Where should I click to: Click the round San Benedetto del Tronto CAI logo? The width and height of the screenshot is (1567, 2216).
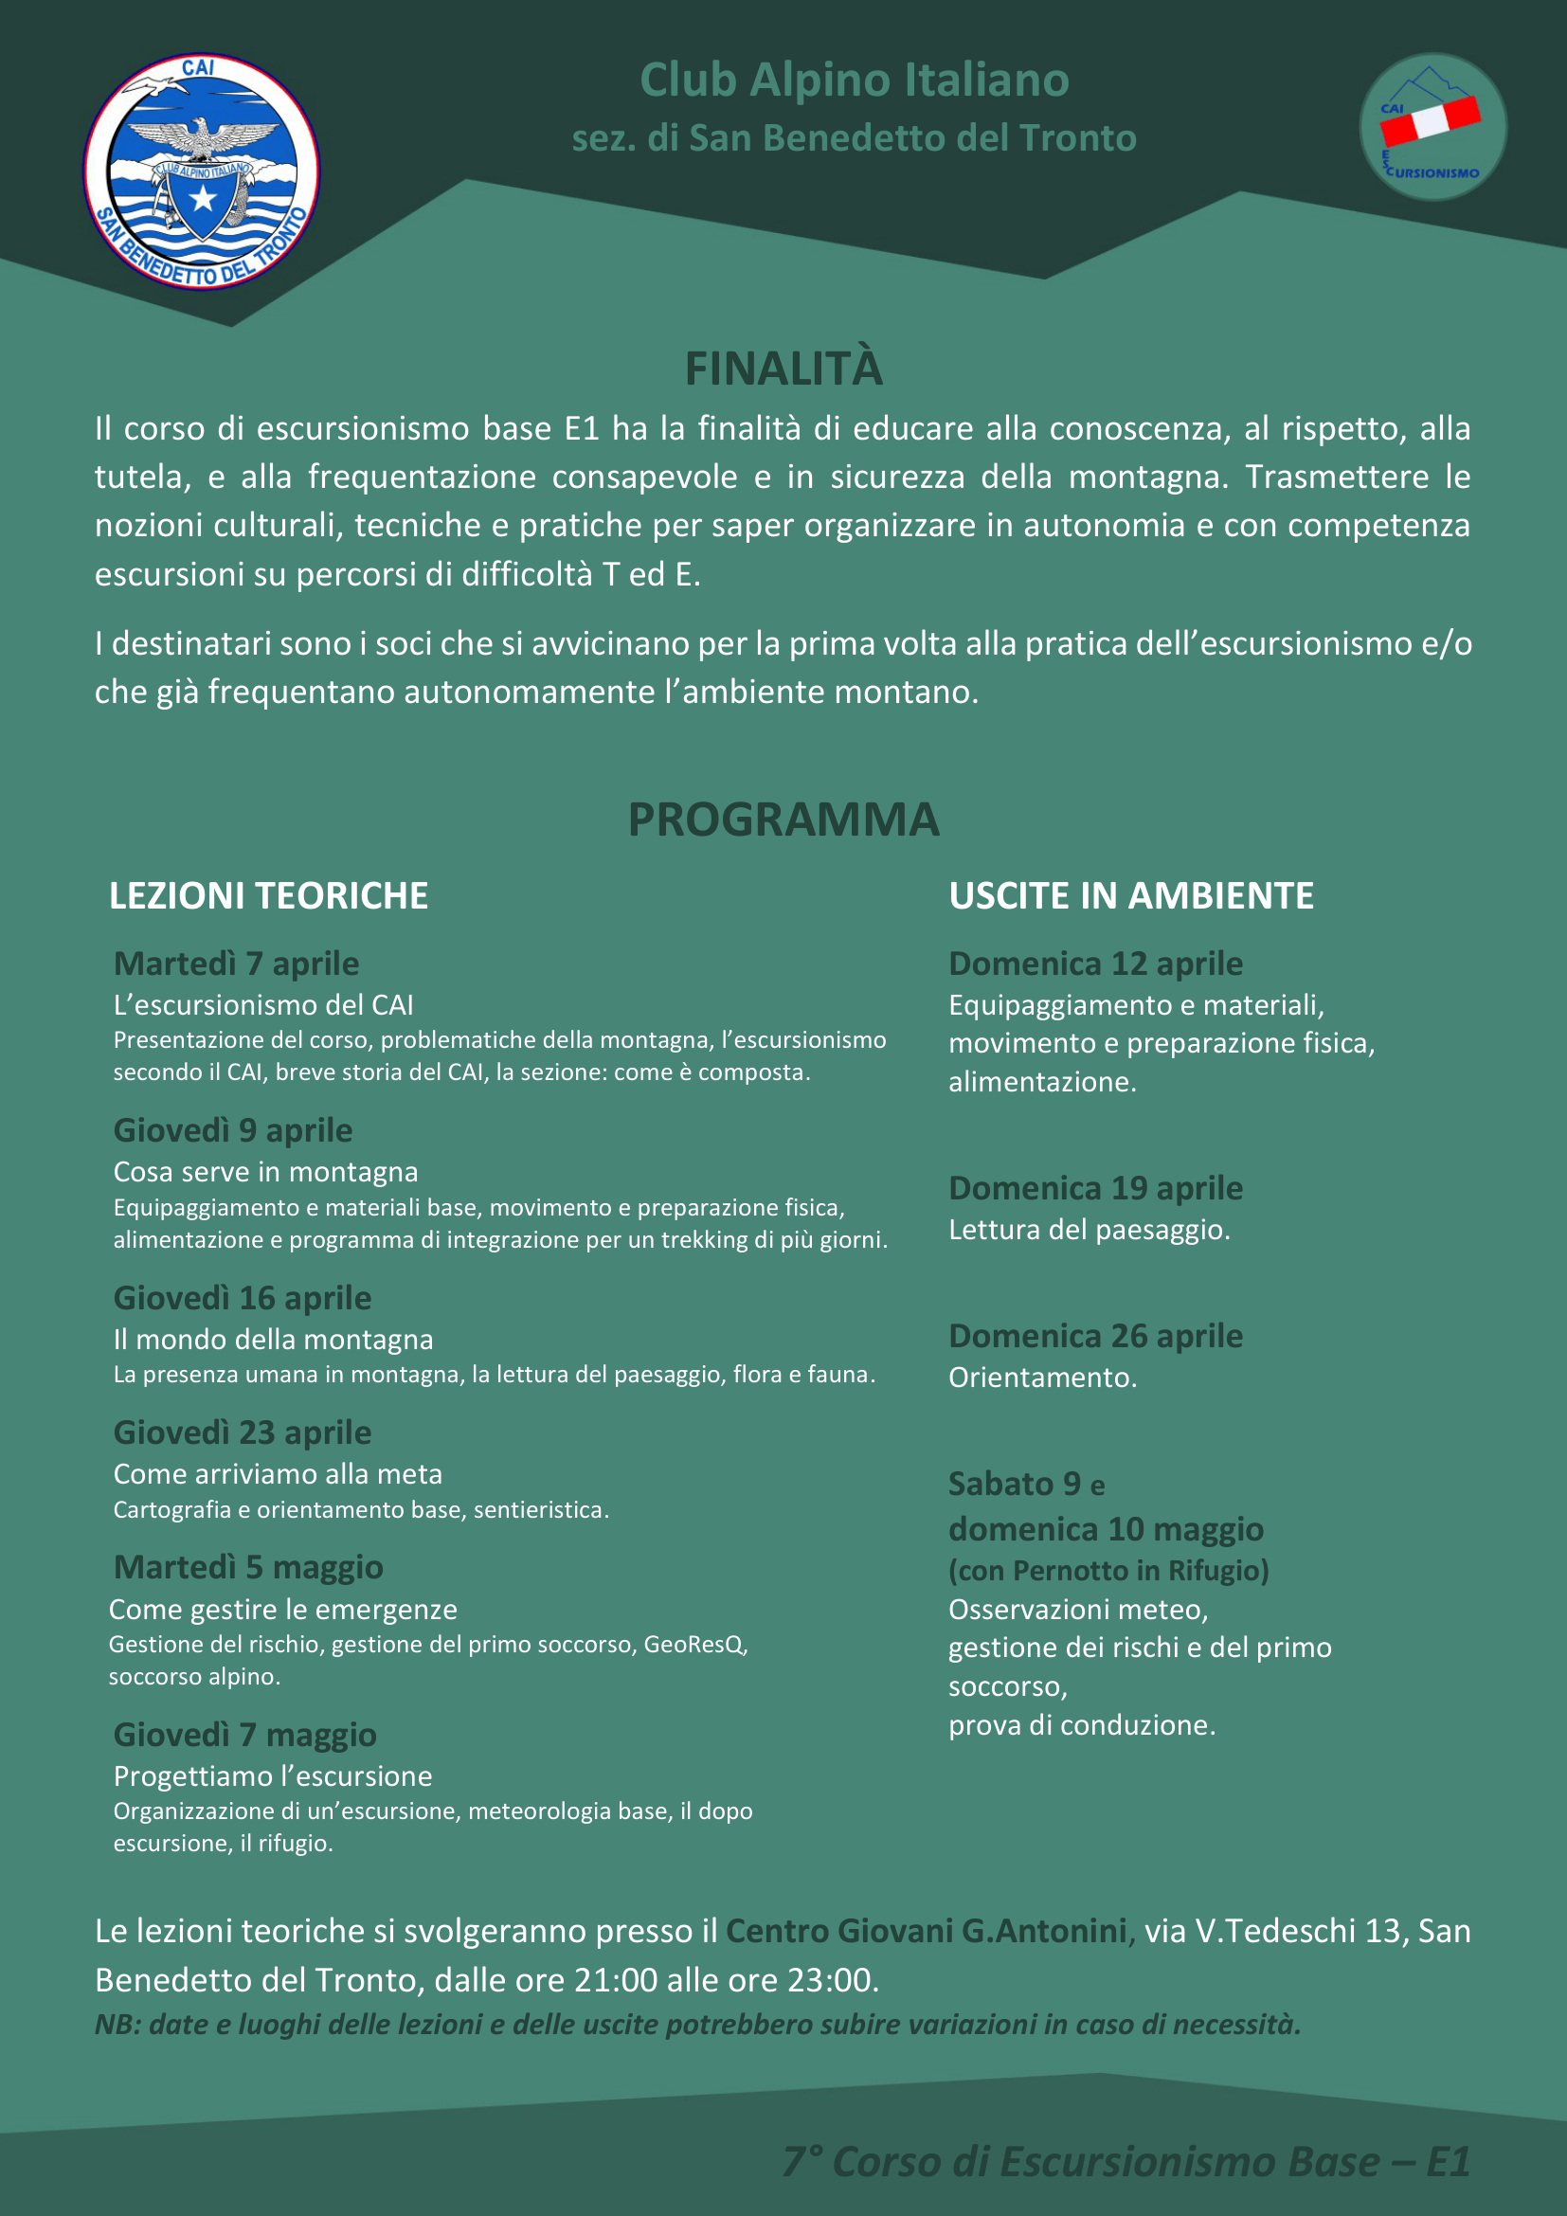[202, 171]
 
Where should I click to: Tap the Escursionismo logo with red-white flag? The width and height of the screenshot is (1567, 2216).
[1432, 126]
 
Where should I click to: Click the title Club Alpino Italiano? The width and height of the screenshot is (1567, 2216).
[854, 81]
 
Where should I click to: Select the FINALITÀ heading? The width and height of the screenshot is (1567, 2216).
[783, 369]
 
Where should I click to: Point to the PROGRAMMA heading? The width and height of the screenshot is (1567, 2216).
[783, 820]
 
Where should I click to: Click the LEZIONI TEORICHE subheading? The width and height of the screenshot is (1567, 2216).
[268, 895]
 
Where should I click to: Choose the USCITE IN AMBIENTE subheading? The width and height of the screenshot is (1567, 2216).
[1131, 895]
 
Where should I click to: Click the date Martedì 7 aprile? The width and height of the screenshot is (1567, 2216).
[237, 964]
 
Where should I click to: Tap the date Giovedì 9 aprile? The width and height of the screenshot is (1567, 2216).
[232, 1130]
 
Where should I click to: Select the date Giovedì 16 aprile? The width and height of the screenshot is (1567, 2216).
[243, 1298]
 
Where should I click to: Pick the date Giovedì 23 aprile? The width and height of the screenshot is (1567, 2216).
[243, 1432]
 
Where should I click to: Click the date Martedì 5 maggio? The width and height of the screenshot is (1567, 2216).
[248, 1567]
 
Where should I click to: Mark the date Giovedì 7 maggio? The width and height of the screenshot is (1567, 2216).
[245, 1735]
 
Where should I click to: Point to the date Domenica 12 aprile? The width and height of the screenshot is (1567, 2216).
[1095, 964]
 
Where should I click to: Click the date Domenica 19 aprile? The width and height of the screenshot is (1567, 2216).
[1095, 1188]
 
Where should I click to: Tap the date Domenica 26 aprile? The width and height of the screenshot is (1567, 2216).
[1095, 1336]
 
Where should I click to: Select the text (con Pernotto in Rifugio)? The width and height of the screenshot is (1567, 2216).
[1108, 1570]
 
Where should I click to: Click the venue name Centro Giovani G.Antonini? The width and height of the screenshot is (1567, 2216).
[926, 1930]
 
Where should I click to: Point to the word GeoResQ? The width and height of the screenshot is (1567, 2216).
[694, 1644]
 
